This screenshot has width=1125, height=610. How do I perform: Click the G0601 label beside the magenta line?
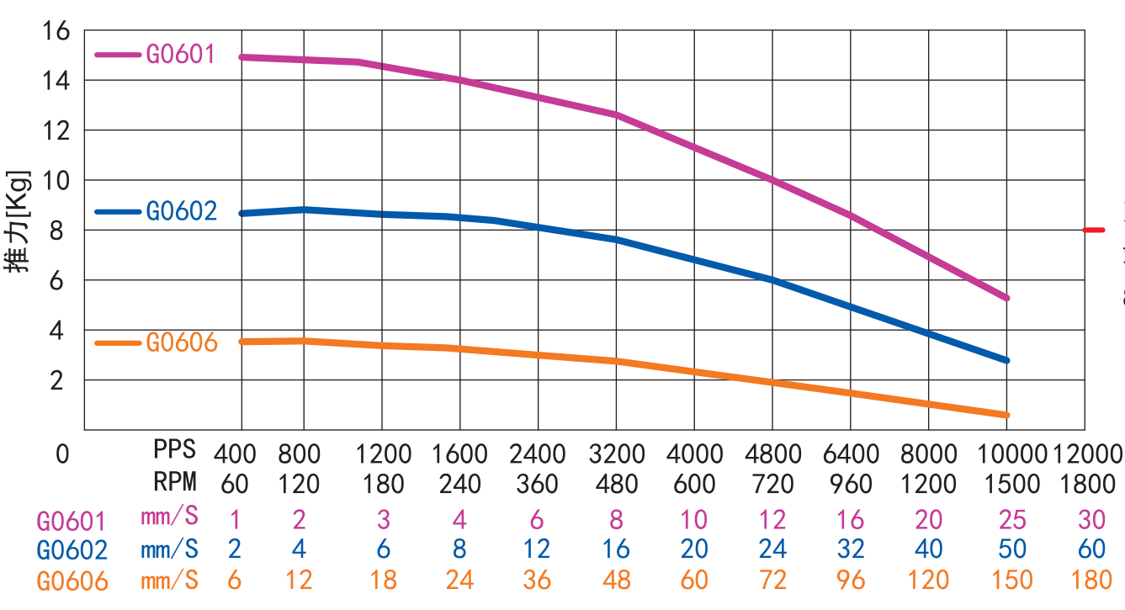(181, 55)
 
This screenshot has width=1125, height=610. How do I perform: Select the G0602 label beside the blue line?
(181, 210)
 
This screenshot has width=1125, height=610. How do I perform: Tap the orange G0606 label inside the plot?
(181, 342)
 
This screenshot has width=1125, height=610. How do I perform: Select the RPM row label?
(174, 482)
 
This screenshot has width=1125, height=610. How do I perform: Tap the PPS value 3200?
(617, 454)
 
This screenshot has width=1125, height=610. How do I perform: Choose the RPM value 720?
(772, 485)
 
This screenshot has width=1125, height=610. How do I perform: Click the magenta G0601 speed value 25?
(1007, 519)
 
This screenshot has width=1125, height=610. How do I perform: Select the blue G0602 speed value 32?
(852, 549)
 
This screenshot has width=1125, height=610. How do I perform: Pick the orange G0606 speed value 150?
(1007, 581)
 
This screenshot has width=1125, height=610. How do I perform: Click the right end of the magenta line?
(1006, 298)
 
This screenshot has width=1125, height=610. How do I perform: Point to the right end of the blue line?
(1006, 360)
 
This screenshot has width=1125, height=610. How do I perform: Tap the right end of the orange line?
(1006, 415)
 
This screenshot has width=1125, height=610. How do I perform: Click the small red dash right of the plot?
(1093, 230)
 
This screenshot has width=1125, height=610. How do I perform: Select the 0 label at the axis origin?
(62, 454)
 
